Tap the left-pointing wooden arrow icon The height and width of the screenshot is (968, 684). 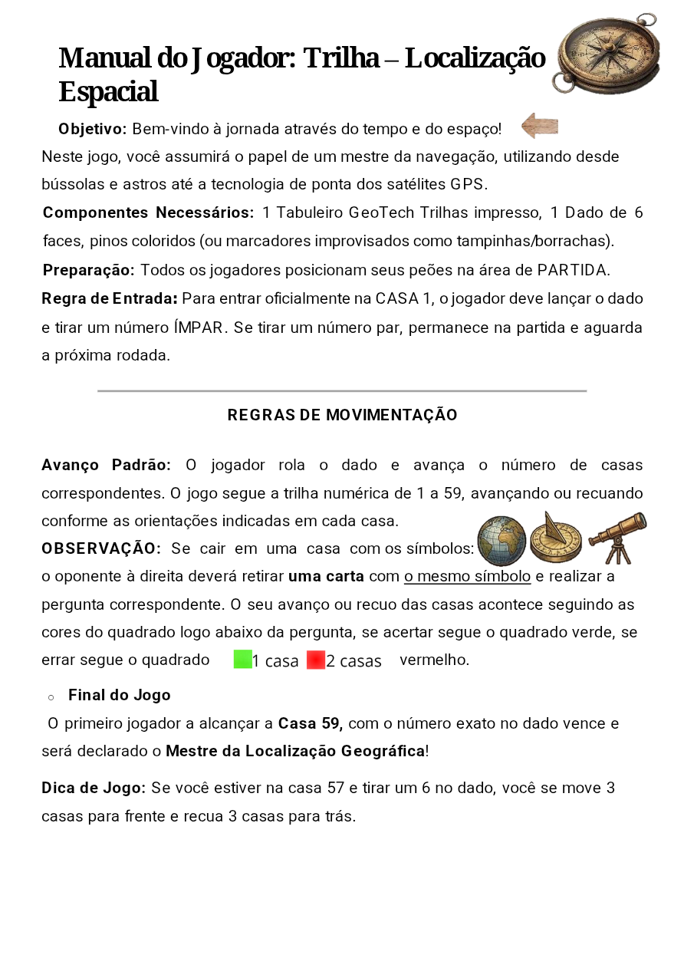coord(540,125)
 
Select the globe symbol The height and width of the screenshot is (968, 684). coord(501,541)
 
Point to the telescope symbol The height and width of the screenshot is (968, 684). coord(617,537)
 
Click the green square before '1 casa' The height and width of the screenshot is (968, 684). coord(243,660)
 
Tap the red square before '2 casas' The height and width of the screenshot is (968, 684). coord(316,660)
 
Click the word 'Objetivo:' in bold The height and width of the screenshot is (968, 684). coord(92,129)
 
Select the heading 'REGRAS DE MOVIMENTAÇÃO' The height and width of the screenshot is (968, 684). coord(342,415)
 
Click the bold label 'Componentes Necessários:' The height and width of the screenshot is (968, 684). coord(148,212)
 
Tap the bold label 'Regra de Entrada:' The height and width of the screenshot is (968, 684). coord(110,298)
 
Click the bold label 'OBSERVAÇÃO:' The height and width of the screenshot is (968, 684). coord(101,548)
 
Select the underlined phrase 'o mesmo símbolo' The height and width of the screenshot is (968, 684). coord(467,576)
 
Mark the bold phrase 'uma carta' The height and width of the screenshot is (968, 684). coord(326,576)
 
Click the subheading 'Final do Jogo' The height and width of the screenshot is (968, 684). coord(120,695)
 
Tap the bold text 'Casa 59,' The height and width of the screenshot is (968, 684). coord(310,723)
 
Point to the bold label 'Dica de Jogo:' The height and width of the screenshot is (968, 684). coord(94,788)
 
